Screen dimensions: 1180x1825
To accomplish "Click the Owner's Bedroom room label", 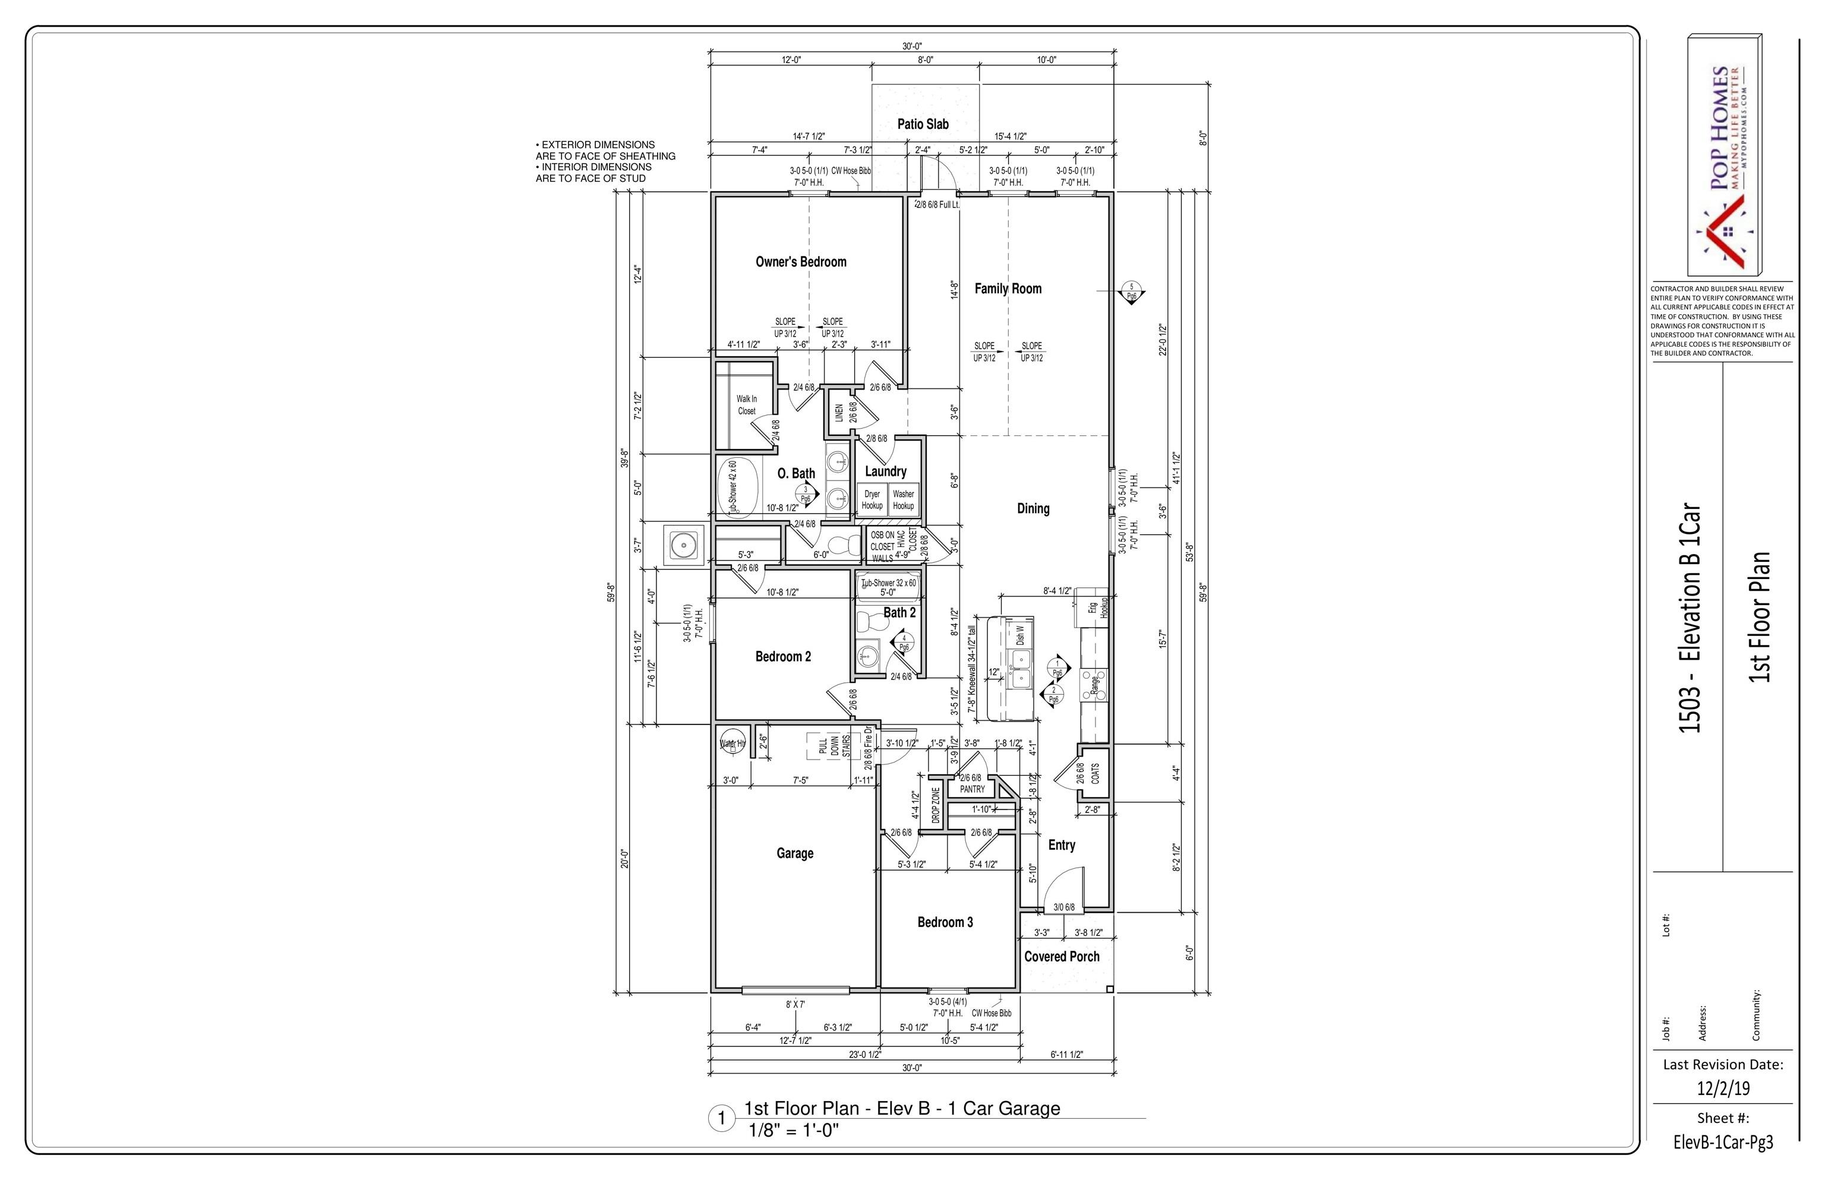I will (x=801, y=262).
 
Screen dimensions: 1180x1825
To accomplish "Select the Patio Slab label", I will (x=923, y=124).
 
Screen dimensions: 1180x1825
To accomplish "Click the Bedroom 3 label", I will (x=945, y=922).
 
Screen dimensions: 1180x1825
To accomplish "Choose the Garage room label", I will (x=795, y=853).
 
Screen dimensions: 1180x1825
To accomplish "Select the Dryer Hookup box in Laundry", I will (x=872, y=499).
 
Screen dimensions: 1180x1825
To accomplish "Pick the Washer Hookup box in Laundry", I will (x=904, y=499).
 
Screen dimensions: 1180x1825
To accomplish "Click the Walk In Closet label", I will (x=747, y=404).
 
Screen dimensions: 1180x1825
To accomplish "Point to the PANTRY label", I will (x=972, y=789).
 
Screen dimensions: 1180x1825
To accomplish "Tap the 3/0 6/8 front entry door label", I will (x=1064, y=907).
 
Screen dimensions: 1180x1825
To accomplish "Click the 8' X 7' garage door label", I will (x=795, y=1004).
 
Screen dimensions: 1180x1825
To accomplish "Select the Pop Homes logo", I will (x=1725, y=164).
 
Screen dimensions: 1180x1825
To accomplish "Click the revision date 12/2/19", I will (x=1722, y=1088).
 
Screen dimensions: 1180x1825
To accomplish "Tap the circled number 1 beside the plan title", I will (x=721, y=1119).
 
